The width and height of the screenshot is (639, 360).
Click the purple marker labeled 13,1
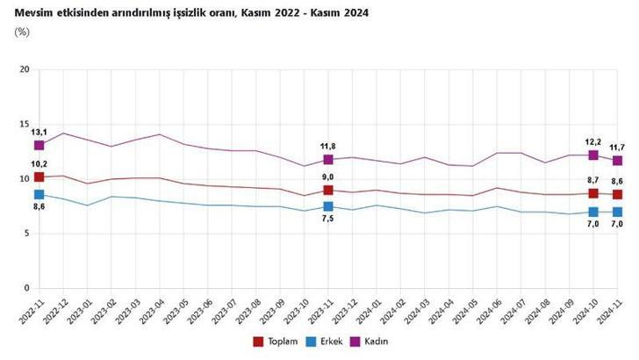point(39,145)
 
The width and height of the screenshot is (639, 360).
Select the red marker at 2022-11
point(39,177)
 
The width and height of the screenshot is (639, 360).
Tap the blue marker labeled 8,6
point(39,195)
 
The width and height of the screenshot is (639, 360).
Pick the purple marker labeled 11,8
point(328,160)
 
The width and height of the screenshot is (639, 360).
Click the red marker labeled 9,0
point(328,190)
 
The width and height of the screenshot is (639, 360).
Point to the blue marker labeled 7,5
point(328,206)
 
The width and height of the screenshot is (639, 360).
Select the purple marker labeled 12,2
point(593,155)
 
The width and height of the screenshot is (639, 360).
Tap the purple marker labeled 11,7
point(617,161)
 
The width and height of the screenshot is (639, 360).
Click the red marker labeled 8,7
point(593,193)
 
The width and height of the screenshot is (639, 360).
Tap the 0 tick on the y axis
point(26,288)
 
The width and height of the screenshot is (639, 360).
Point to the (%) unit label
point(23,32)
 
